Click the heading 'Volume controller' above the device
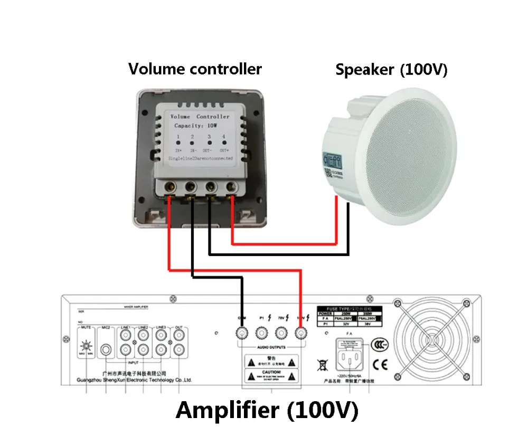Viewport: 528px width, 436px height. pos(195,69)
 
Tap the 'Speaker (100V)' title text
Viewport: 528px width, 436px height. pos(391,70)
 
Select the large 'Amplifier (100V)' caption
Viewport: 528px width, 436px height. pos(267,410)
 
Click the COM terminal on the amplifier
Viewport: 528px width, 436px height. pos(242,333)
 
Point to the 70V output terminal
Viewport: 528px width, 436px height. pos(281,333)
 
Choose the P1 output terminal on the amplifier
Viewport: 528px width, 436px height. pos(261,333)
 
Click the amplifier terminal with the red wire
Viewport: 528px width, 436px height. pos(301,333)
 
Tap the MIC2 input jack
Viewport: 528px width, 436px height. pos(107,349)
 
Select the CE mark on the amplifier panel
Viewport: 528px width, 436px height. pos(379,364)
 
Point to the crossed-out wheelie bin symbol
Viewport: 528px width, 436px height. pos(320,364)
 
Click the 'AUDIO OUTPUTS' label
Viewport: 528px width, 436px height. pos(271,348)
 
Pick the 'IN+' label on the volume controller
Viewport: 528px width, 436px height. pos(178,150)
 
